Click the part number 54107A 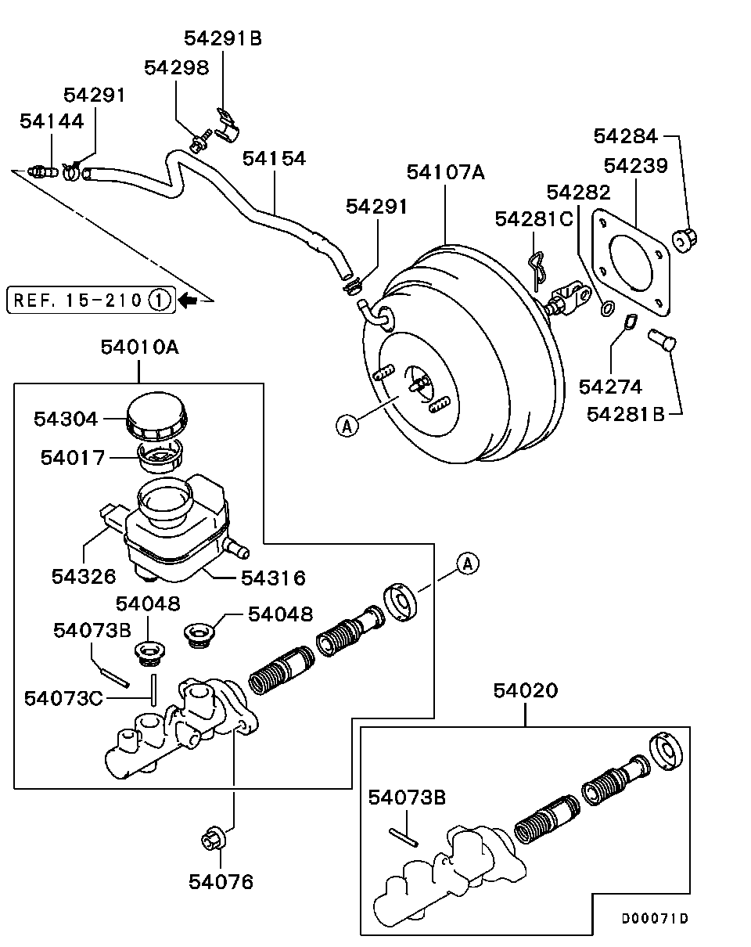coord(446,172)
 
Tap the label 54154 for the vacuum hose coord(274,159)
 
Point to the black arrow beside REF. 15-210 coord(189,300)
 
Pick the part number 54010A coord(139,347)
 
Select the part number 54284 coord(626,135)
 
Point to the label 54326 coord(84,577)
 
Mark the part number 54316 coord(273,578)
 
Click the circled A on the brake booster coord(347,426)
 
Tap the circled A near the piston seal coord(467,563)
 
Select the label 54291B coord(223,38)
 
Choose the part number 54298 coord(177,68)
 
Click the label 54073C coord(63,697)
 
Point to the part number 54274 coord(610,387)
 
